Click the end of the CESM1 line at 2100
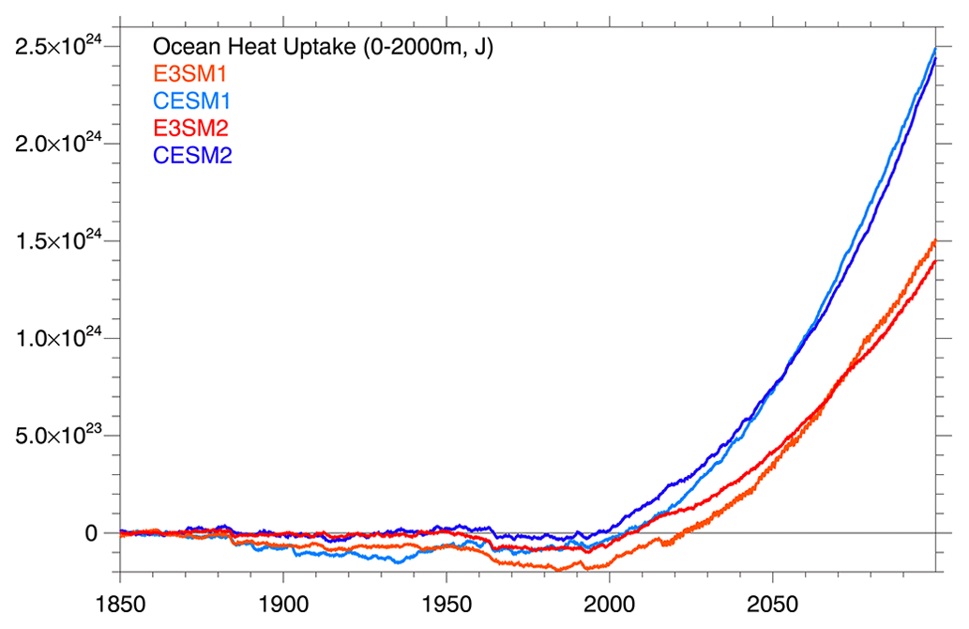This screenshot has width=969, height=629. [x=935, y=48]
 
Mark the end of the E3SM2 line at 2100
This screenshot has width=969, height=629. [x=935, y=261]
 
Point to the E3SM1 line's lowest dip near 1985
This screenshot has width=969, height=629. [x=560, y=570]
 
